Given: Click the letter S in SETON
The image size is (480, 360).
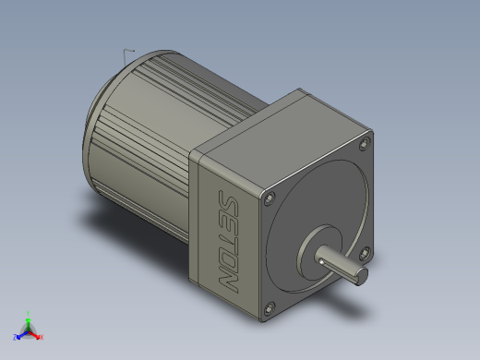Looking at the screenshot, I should (224, 201).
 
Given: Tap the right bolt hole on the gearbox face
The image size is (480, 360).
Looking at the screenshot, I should (366, 252).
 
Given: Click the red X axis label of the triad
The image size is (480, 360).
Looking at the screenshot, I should (42, 338).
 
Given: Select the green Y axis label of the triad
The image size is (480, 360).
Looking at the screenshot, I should (29, 313).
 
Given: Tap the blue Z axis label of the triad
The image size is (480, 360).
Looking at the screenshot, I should (15, 338).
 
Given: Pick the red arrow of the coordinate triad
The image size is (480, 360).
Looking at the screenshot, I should (35, 334).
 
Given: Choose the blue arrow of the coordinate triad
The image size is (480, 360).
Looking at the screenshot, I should (21, 334).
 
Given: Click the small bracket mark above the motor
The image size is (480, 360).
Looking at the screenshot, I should (128, 51).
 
